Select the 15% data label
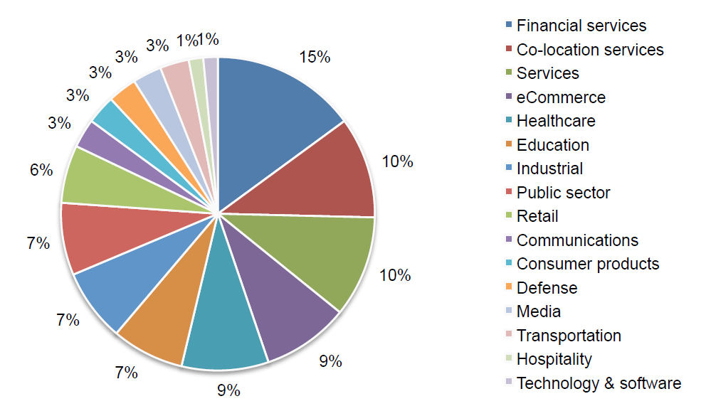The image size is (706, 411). tap(315, 57)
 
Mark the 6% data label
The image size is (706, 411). tap(41, 170)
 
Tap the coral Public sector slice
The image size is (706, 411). tap(107, 235)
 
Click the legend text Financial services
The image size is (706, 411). tap(581, 26)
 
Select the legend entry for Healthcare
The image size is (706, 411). tap(555, 121)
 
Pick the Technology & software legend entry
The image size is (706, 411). tap(598, 383)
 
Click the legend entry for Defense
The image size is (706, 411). tap(547, 288)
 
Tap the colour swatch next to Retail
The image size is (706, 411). tap(508, 216)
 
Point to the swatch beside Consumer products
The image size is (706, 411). tap(508, 264)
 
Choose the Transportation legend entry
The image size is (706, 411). tap(568, 336)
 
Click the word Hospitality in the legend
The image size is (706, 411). tap(554, 359)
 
